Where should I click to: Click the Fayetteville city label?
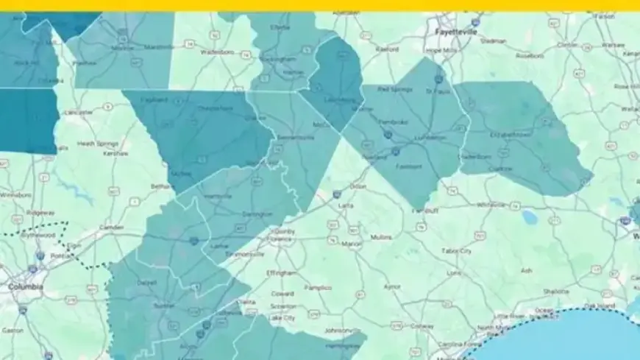coord(456,32)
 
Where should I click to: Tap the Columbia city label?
coord(25,286)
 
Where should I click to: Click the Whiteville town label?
coord(491,204)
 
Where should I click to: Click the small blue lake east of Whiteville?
coord(529,216)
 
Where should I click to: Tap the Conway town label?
coord(422,325)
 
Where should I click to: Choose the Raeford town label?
coord(386,49)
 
